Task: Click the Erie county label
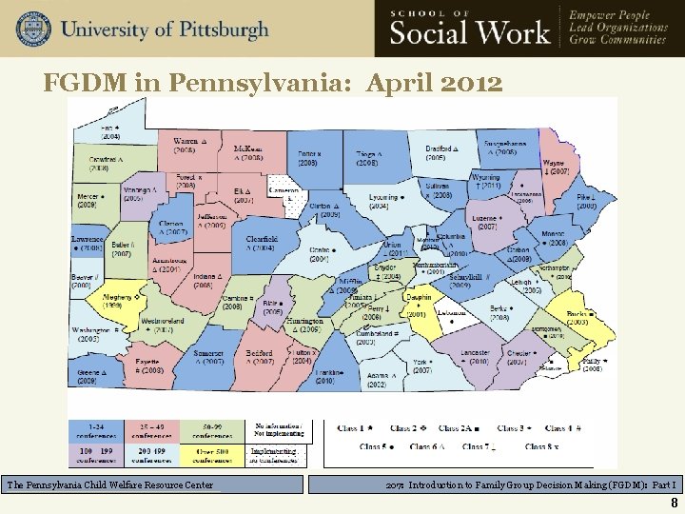tap(111, 131)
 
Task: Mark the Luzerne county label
tap(488, 223)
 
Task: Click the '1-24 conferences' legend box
tap(98, 431)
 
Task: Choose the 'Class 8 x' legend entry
tap(540, 446)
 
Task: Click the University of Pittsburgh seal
tap(32, 29)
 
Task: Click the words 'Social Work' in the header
tap(470, 33)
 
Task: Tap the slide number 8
tap(674, 504)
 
